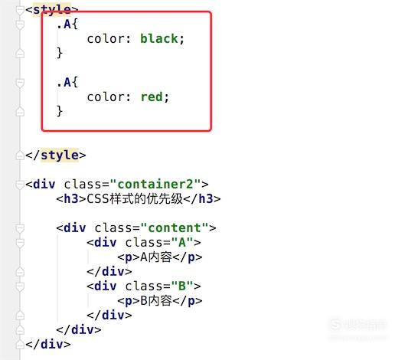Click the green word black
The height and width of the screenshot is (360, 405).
(158, 39)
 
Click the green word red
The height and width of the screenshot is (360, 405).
(152, 97)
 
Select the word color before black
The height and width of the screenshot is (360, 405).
(106, 39)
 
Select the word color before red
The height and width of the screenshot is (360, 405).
(106, 97)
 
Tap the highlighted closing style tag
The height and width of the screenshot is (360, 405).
(56, 155)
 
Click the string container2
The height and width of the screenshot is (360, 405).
(155, 185)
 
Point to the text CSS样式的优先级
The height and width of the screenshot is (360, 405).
(135, 199)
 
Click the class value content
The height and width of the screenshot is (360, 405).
(175, 228)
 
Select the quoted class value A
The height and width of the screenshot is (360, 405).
(182, 242)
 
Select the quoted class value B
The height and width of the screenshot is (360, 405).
(182, 286)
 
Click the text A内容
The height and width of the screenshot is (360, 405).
(156, 257)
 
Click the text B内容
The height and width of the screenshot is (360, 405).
(156, 300)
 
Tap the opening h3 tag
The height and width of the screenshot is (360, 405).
(71, 199)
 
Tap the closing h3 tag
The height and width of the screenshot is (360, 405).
(202, 199)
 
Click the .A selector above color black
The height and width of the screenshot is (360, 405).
(67, 25)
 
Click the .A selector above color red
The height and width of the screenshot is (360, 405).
(67, 83)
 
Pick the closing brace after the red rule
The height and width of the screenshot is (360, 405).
(60, 111)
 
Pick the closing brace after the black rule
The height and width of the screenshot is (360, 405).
(60, 53)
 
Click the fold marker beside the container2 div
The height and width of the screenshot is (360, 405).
(20, 185)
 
